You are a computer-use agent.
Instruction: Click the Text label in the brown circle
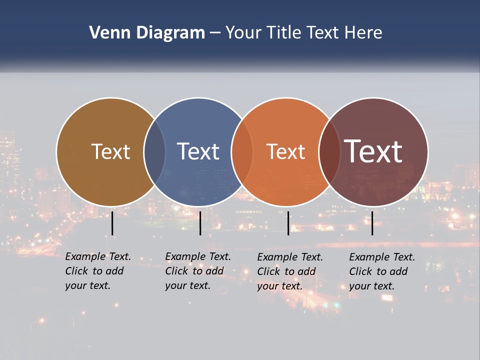coord(110,151)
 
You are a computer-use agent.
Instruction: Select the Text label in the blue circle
coord(198,151)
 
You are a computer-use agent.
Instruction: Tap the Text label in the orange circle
coord(285,151)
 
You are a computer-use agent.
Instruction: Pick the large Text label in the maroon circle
coord(373,151)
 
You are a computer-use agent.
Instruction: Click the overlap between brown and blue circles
coord(154,151)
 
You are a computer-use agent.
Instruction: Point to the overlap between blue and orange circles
coord(242,151)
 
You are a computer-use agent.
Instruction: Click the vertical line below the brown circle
coord(112,223)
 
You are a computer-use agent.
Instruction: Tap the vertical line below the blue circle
coord(200,223)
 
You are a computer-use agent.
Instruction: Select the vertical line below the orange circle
coord(288,223)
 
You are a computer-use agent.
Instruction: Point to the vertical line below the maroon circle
coord(372,223)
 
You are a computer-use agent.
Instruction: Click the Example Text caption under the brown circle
coord(98,271)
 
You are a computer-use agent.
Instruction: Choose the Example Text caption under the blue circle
coord(198,271)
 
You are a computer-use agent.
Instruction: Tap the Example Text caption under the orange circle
coord(290,271)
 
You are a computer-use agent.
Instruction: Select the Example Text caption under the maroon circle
coord(382,271)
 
